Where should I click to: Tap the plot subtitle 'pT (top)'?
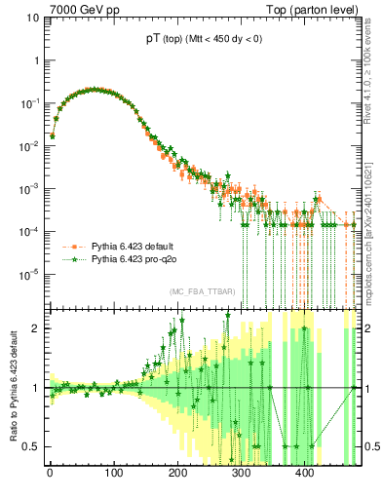(155, 40)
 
